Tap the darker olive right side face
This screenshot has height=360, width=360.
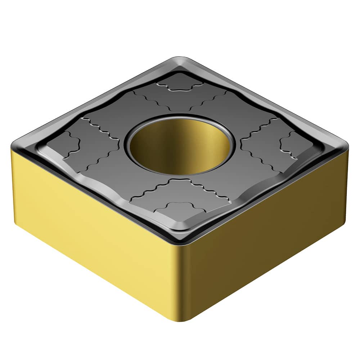(x=266, y=230)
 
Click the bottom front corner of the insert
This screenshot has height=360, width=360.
(x=182, y=319)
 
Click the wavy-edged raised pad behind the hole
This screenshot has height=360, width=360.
(x=180, y=99)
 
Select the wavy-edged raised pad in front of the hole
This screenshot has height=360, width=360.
(x=180, y=193)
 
